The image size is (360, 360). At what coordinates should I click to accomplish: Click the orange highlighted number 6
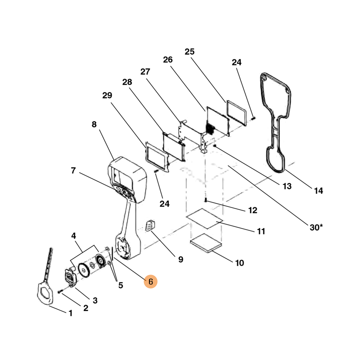[151, 282]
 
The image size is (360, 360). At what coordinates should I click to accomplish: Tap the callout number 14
[318, 191]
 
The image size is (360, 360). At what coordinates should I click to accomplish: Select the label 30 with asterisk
[316, 227]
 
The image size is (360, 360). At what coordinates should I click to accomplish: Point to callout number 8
[94, 125]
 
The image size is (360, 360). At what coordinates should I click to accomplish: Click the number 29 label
[107, 95]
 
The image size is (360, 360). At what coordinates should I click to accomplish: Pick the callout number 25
[189, 52]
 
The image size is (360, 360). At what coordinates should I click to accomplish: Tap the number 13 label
[287, 186]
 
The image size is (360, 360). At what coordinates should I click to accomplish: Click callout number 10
[240, 263]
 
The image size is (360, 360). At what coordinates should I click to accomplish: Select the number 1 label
[70, 313]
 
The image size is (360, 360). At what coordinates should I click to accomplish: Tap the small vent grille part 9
[150, 226]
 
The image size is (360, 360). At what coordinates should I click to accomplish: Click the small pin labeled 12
[206, 199]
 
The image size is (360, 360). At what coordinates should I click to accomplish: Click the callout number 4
[74, 236]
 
